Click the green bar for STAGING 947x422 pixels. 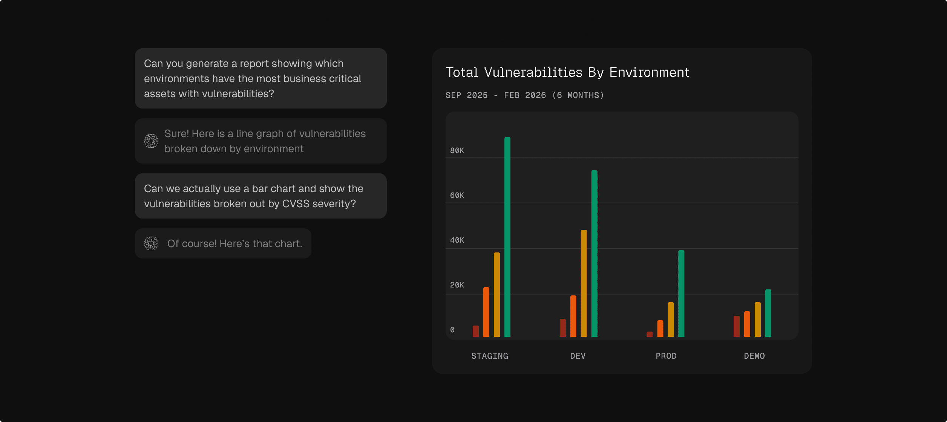[507, 237]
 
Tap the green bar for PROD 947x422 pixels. [681, 294]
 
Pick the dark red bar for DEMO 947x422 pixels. [737, 326]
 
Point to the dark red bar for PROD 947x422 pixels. [650, 334]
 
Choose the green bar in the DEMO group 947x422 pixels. [768, 313]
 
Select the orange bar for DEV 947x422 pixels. [573, 316]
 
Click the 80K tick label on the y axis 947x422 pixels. [457, 150]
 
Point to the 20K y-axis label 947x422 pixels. [457, 285]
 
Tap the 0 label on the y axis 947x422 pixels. [452, 330]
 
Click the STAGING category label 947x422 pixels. [490, 356]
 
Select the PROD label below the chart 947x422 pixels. [666, 356]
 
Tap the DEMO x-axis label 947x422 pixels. [754, 356]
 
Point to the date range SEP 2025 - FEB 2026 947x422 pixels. [496, 95]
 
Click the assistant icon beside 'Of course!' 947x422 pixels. [151, 243]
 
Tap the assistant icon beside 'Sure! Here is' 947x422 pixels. [151, 141]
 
